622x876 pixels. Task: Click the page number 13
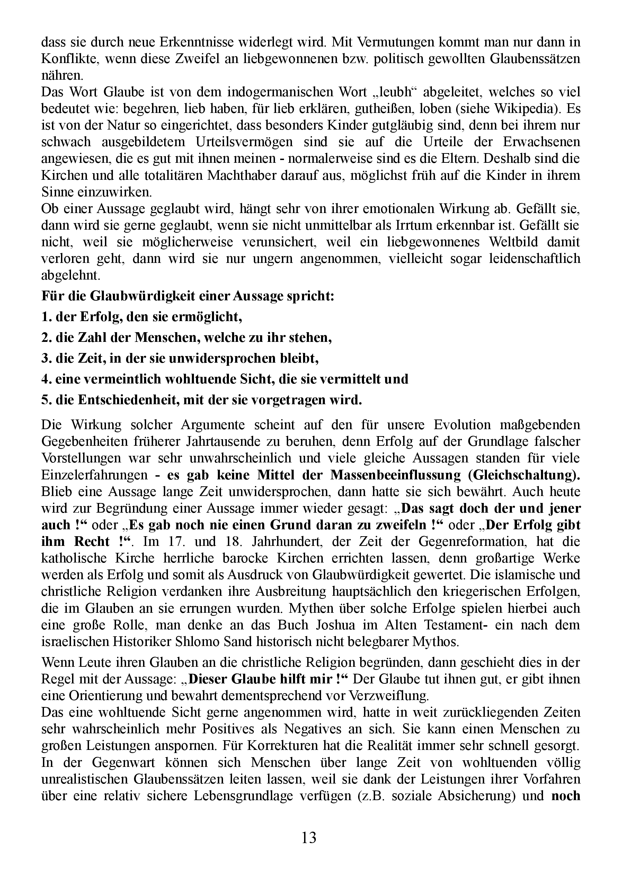(309, 838)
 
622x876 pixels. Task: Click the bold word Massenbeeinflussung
(395, 475)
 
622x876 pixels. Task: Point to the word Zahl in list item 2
(93, 338)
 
